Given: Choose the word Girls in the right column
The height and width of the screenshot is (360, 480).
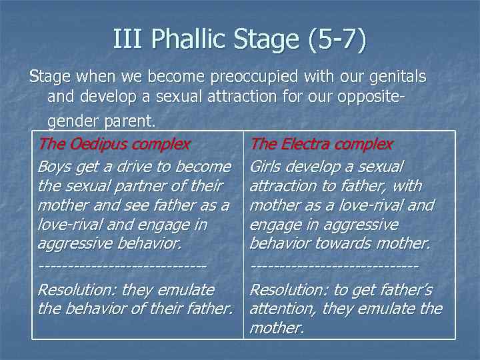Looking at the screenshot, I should click(267, 166).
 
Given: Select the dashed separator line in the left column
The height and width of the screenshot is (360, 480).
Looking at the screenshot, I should click(121, 266).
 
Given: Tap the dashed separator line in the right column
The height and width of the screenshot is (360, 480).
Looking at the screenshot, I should click(334, 266).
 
